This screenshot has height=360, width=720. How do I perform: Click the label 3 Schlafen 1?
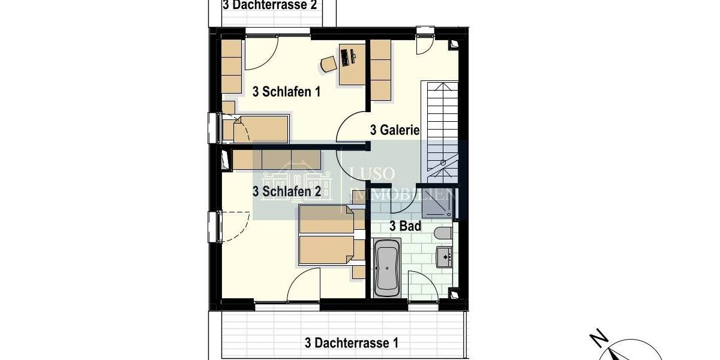(287, 92)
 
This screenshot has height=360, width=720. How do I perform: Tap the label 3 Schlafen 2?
(287, 191)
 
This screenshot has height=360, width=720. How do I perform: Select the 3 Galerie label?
(394, 130)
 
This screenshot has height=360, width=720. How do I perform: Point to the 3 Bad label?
(405, 226)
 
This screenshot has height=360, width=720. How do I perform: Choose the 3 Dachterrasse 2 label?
(269, 5)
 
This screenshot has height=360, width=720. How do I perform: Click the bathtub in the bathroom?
(386, 268)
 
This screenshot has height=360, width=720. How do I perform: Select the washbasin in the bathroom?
(444, 256)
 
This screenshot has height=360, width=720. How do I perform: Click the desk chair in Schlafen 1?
(328, 64)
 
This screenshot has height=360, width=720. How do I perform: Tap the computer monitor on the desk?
(346, 57)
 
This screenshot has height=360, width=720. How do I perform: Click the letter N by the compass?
(596, 339)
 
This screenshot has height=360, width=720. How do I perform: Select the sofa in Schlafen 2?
(276, 159)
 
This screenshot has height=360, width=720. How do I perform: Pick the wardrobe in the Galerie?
(380, 70)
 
